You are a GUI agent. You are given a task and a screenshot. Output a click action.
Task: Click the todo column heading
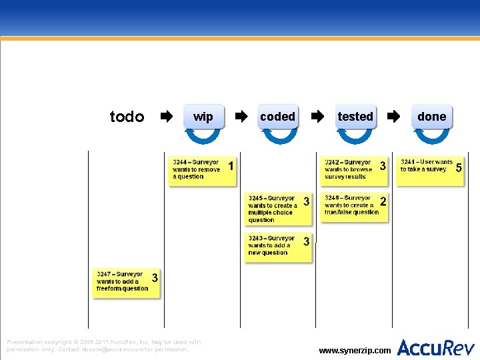click(x=127, y=117)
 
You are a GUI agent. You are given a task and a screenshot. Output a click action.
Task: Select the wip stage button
click(x=203, y=117)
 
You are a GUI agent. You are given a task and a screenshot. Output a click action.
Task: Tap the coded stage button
click(x=278, y=117)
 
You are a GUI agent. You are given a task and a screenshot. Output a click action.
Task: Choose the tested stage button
click(x=355, y=117)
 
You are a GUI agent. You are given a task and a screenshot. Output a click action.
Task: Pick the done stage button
click(x=431, y=117)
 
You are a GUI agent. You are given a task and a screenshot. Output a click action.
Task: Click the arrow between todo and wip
click(x=166, y=117)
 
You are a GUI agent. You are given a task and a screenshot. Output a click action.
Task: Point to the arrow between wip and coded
click(x=242, y=117)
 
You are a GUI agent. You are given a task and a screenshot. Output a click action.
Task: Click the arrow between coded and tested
click(x=318, y=117)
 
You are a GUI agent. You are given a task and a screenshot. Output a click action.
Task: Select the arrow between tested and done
click(x=394, y=117)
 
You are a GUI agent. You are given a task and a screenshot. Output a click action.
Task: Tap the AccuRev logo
click(x=436, y=347)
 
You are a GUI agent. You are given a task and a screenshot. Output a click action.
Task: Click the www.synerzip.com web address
click(x=355, y=350)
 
